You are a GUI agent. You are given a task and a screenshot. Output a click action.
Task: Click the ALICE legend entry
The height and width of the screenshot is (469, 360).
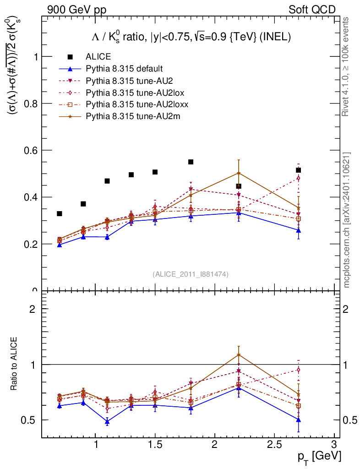click(x=98, y=57)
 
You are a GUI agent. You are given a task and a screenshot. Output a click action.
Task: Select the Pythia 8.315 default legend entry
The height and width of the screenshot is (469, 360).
click(x=124, y=69)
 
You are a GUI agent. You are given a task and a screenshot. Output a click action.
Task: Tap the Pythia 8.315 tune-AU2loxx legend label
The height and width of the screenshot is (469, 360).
click(x=137, y=104)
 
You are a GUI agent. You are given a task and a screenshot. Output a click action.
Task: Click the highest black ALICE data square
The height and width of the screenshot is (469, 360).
click(x=191, y=162)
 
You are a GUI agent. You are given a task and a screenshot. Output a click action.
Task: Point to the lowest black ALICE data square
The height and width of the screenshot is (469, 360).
click(x=60, y=213)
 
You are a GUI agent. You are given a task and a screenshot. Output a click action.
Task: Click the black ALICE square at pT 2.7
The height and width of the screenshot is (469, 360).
click(x=298, y=170)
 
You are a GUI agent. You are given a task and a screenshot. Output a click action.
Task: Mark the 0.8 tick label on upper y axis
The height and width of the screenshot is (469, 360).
click(x=29, y=104)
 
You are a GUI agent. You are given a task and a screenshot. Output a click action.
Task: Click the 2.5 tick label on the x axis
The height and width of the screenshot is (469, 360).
click(x=274, y=445)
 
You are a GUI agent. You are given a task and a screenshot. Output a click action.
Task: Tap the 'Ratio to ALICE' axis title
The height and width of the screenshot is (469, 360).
click(x=14, y=364)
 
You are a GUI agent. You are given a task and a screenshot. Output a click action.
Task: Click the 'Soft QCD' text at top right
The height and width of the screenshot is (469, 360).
click(x=312, y=10)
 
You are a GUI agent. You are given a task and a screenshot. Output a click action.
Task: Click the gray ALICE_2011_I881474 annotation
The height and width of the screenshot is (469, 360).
click(x=190, y=274)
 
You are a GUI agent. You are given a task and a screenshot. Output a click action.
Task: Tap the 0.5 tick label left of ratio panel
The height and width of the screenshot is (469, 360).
click(x=29, y=420)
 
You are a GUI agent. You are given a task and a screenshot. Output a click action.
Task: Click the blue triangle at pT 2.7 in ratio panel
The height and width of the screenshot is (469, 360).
click(x=298, y=420)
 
